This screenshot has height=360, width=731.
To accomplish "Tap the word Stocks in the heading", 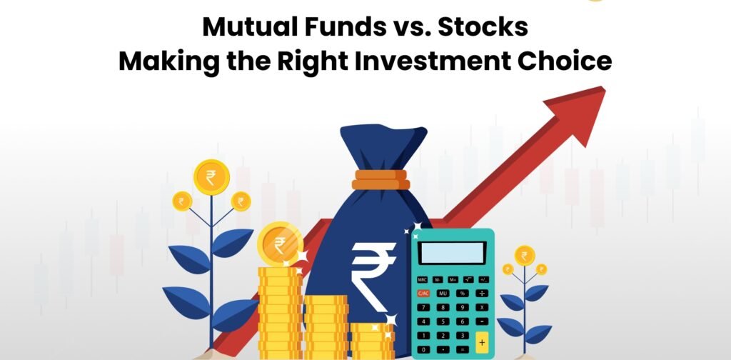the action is [x=483, y=27].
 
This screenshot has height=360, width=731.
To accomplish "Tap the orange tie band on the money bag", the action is [x=380, y=179].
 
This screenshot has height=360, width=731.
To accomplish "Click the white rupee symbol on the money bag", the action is [x=373, y=275].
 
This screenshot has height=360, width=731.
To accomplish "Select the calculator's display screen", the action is [x=452, y=253].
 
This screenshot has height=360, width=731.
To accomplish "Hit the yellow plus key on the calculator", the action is [x=482, y=342].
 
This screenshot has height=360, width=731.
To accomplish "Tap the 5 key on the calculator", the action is [x=443, y=321].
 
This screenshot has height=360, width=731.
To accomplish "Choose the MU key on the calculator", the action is [x=443, y=294].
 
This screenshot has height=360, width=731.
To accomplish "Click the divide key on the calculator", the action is [x=482, y=294].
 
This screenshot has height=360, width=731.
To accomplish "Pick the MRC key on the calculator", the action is [x=423, y=280].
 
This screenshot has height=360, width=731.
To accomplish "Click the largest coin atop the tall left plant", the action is [x=211, y=177].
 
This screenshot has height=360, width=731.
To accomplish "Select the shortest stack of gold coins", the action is [x=372, y=341].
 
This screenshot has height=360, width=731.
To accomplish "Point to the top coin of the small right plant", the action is [x=525, y=256].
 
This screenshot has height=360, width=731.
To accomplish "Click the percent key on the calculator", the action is [x=462, y=294].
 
